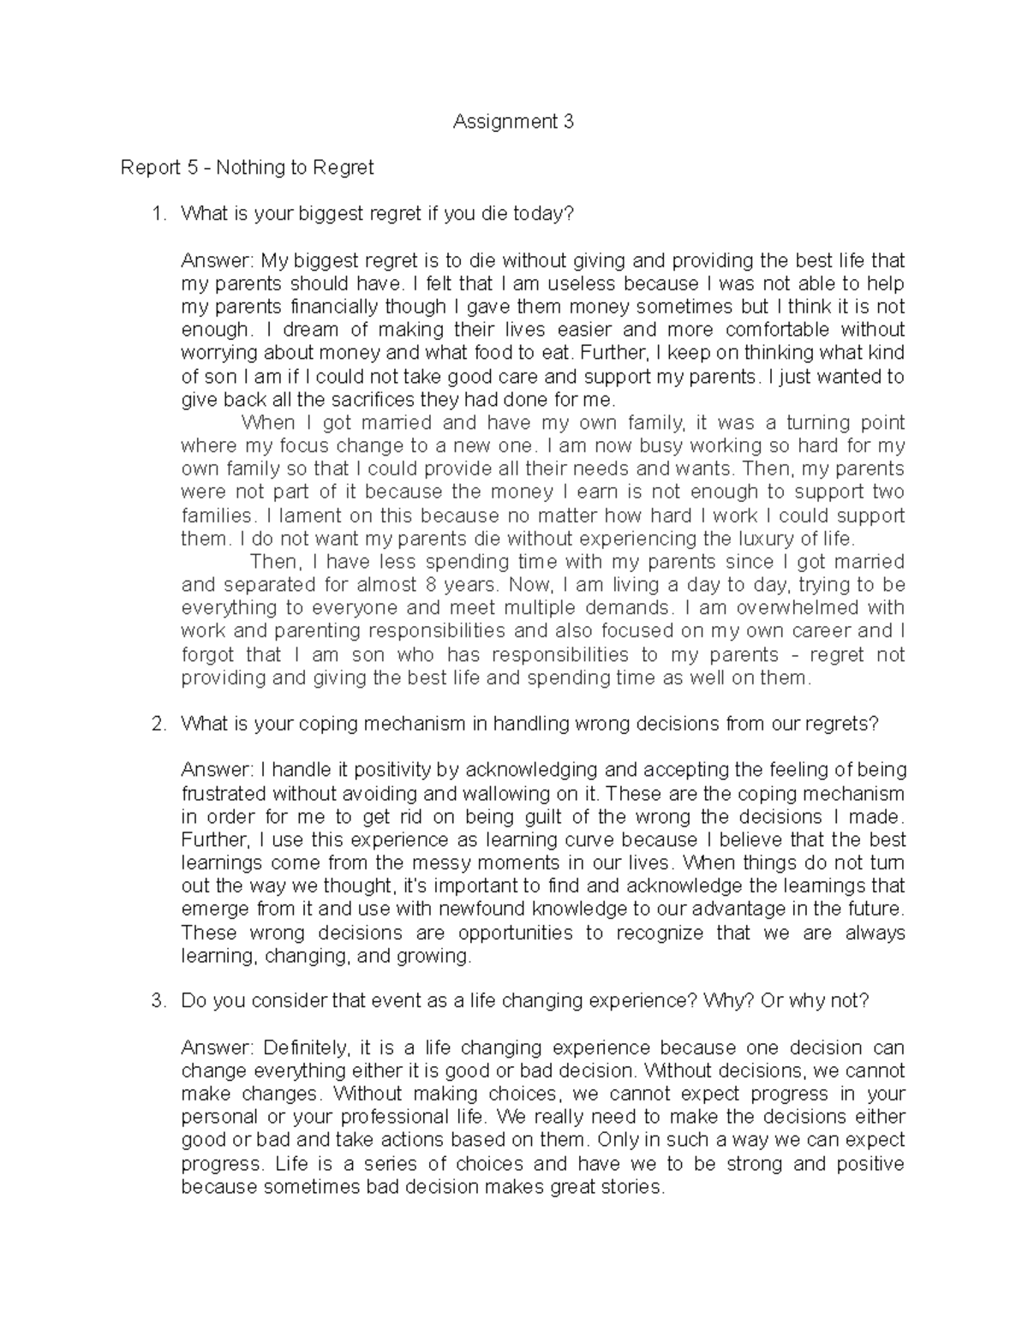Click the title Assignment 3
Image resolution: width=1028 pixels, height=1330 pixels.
[x=513, y=122]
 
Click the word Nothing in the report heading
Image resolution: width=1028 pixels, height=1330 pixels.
[x=247, y=168]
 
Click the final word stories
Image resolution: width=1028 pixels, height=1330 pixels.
[x=631, y=1187]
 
